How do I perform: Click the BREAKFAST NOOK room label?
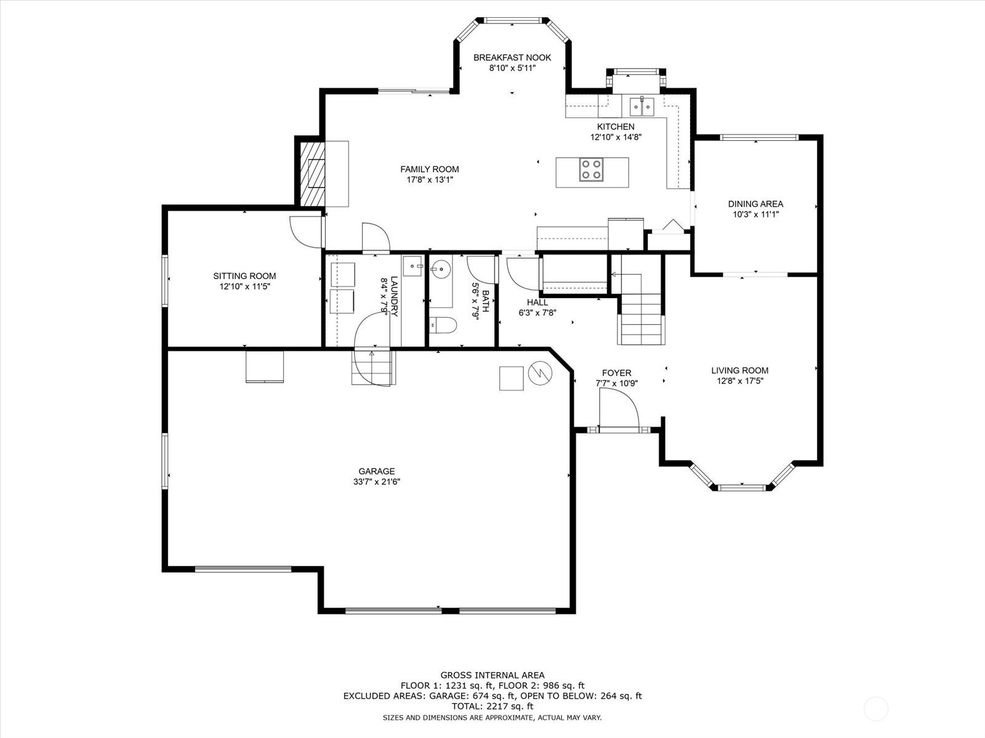click(512, 57)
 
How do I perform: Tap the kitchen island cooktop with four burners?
click(590, 170)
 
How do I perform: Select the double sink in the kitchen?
click(642, 106)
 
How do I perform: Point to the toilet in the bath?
click(443, 325)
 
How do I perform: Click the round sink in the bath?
click(441, 269)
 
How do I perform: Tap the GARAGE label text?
click(377, 471)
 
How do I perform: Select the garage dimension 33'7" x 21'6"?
click(377, 482)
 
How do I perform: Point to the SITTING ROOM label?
click(244, 276)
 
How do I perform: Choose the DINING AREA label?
click(756, 204)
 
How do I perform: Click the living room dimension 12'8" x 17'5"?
click(740, 381)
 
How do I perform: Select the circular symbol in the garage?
click(540, 373)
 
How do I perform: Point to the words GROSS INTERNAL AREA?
click(492, 675)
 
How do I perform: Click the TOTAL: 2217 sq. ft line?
click(492, 707)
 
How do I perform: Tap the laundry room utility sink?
click(412, 266)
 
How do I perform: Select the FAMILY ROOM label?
click(430, 169)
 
